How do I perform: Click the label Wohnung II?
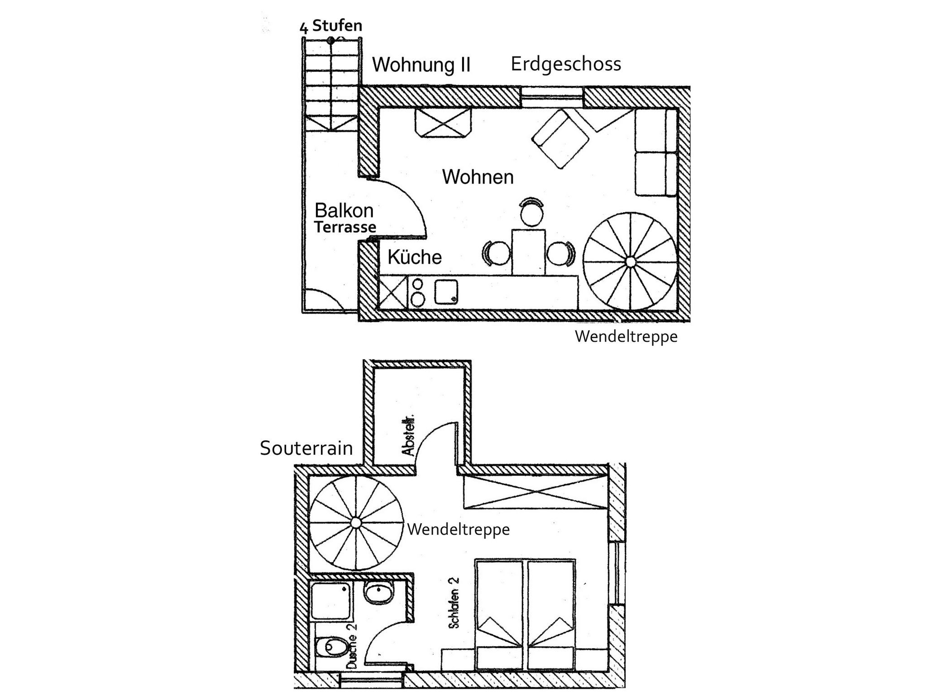421,65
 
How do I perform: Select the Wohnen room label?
478,177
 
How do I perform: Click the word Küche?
415,257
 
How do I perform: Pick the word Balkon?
344,211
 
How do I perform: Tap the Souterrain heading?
306,448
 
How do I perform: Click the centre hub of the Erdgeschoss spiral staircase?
630,262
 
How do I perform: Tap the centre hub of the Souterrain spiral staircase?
356,523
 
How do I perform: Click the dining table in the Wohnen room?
528,252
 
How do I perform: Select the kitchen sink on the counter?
446,292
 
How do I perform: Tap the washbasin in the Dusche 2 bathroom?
379,593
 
